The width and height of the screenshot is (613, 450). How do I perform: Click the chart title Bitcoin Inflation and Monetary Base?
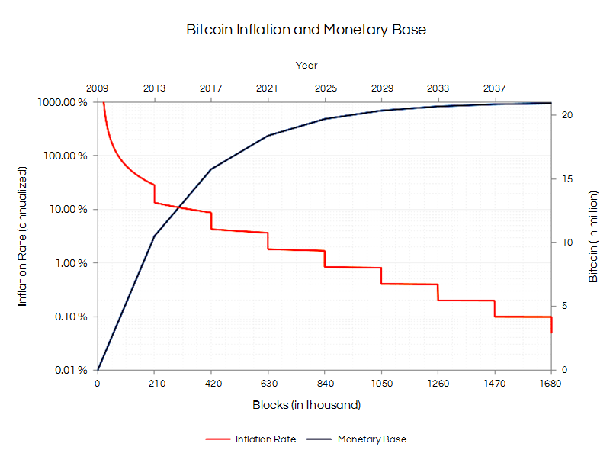306,30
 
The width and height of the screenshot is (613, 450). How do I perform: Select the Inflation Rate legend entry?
265,439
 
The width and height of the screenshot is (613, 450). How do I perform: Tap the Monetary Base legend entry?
371,439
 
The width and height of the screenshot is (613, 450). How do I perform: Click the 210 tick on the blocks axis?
155,384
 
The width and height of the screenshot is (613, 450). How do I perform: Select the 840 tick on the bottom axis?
325,384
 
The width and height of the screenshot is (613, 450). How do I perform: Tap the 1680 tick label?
550,384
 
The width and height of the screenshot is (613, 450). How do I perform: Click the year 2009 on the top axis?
98,88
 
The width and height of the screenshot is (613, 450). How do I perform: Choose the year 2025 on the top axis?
325,88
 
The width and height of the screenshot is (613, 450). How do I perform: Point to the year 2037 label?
495,88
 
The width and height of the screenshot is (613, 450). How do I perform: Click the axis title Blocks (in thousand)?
306,405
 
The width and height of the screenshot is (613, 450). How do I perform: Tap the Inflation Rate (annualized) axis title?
22,236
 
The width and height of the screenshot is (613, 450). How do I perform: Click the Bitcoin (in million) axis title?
593,236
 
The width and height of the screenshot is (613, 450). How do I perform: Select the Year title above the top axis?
306,66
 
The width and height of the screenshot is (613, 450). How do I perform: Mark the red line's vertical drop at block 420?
211,221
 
